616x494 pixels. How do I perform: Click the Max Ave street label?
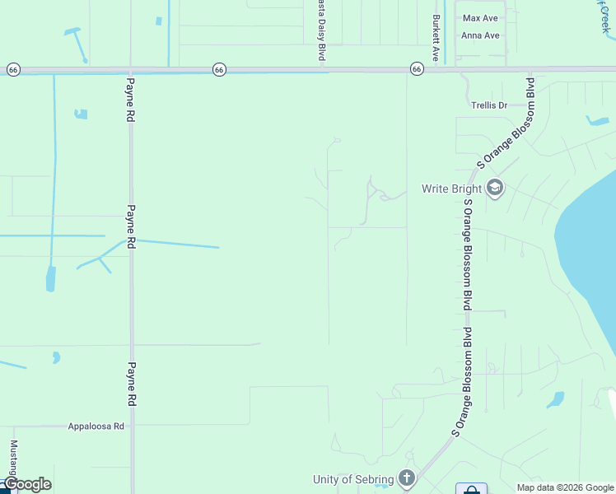click(481, 18)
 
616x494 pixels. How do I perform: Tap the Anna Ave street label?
click(481, 35)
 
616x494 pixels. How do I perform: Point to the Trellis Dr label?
click(489, 105)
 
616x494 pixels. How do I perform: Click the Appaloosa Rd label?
click(96, 426)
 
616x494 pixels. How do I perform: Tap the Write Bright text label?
click(452, 189)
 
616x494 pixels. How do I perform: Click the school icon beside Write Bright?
click(494, 189)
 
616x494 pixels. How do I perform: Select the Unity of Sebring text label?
click(353, 479)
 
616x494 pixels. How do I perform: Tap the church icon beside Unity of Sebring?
click(406, 478)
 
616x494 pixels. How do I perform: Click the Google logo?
click(27, 484)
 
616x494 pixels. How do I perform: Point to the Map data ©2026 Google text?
click(564, 487)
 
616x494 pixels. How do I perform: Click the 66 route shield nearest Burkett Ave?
click(418, 70)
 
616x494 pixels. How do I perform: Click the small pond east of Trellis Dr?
click(598, 122)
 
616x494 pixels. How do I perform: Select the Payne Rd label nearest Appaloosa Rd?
click(130, 384)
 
